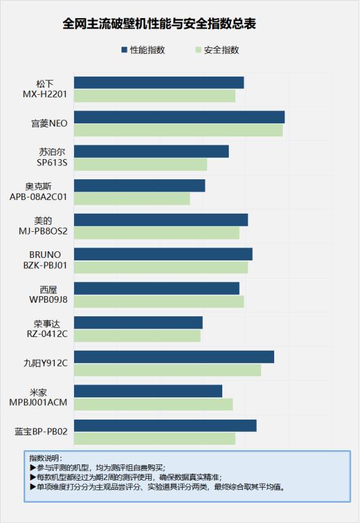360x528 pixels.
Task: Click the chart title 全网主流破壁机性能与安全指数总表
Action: point(159,25)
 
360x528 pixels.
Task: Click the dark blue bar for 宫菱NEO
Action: point(179,117)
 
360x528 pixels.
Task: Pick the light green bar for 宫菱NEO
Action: point(178,131)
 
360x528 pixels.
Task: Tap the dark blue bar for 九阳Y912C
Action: point(174,357)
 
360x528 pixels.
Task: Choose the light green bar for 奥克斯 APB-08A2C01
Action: point(132,199)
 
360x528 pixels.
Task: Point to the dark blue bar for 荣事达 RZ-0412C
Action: point(138,322)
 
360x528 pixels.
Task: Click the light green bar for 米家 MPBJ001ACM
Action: point(153,405)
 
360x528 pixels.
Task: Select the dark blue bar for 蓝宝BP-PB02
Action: point(165,425)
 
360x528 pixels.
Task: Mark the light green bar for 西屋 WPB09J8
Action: point(159,302)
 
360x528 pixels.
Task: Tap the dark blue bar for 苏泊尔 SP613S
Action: point(151,151)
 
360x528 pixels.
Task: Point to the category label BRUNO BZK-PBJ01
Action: point(45,260)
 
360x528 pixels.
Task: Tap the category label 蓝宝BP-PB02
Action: point(41,432)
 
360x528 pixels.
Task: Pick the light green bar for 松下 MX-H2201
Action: point(154,96)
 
